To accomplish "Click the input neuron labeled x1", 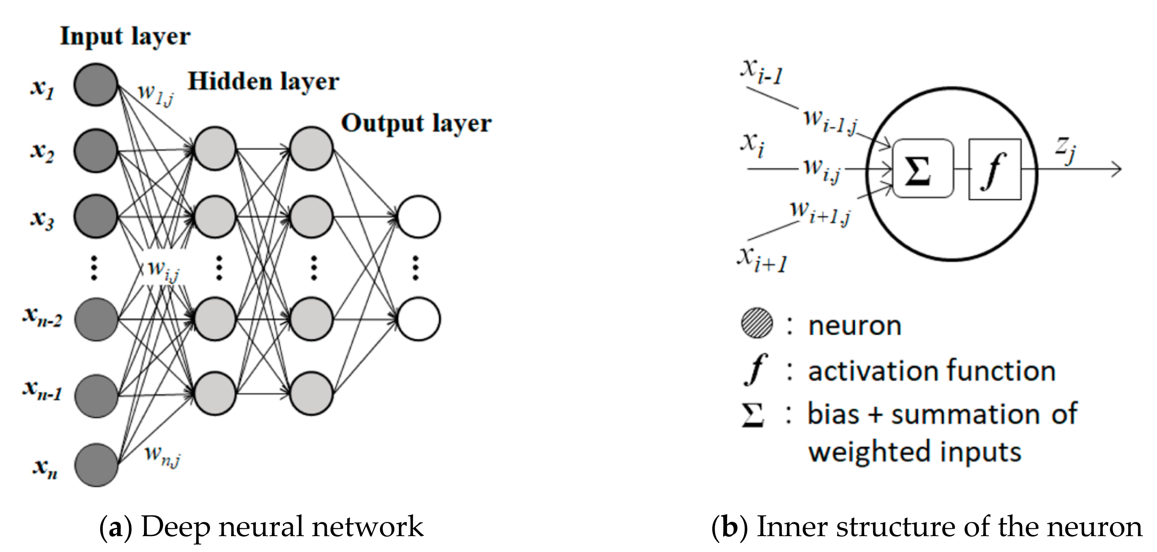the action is [x=96, y=85].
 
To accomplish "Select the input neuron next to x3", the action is [x=96, y=216].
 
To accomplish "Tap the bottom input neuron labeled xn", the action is [x=96, y=465].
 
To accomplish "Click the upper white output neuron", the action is [x=419, y=217].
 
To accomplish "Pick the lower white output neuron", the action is [x=419, y=319].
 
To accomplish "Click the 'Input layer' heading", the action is [x=125, y=36].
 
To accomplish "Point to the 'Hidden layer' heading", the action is [x=263, y=82].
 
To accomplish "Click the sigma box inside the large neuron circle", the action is [x=923, y=169].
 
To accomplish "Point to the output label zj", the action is [x=1066, y=150].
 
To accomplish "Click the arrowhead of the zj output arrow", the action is [x=1120, y=169].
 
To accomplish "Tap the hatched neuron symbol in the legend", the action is [x=757, y=323].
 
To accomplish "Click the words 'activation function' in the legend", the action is [x=931, y=371].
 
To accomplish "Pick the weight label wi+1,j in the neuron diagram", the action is [x=820, y=214].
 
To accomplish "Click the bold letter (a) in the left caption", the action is [x=115, y=527].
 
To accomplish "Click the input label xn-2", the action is [x=42, y=316].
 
